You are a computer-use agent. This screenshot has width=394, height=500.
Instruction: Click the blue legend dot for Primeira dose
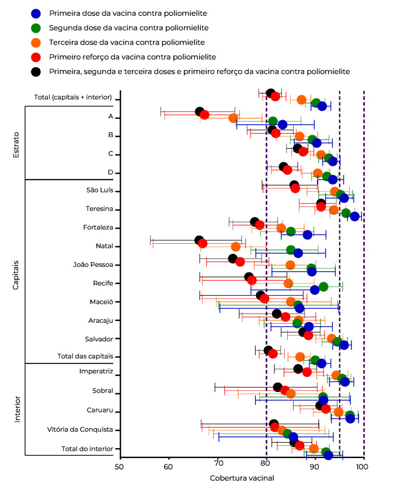coord(36,13)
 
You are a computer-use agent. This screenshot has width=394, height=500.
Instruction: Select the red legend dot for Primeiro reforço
coord(36,57)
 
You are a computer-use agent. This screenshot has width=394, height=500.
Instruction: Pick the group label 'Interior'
coord(16,410)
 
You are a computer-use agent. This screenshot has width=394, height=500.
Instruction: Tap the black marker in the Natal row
coord(199,240)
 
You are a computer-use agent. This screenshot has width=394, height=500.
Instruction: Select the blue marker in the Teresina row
coord(354,216)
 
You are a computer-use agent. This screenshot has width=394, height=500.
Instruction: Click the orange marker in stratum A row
coord(233,118)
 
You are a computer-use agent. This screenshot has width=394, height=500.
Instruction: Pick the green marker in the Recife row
coord(323,286)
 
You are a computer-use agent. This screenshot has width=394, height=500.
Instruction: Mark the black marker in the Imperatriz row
coord(298,369)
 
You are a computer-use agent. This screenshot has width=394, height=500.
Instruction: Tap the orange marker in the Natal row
coord(236,247)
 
